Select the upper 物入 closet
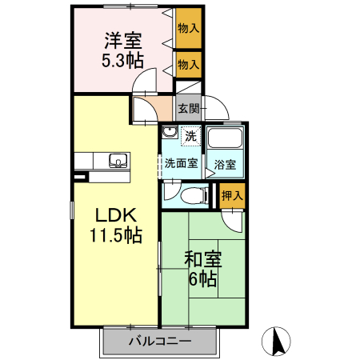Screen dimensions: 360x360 pyautogui.click(x=188, y=29)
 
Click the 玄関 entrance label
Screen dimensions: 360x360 pyautogui.click(x=187, y=108)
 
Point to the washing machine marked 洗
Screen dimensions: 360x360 pyautogui.click(x=190, y=136)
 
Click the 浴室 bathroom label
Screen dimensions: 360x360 pyautogui.click(x=225, y=165)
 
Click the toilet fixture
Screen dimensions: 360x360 pyautogui.click(x=188, y=195)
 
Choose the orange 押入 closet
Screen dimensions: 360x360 pyautogui.click(x=231, y=194)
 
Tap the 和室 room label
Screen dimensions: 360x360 pyautogui.click(x=202, y=260)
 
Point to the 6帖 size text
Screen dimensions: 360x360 pyautogui.click(x=202, y=280)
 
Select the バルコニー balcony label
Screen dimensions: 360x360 pyautogui.click(x=158, y=342)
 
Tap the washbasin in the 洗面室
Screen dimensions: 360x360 pyautogui.click(x=170, y=133)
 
